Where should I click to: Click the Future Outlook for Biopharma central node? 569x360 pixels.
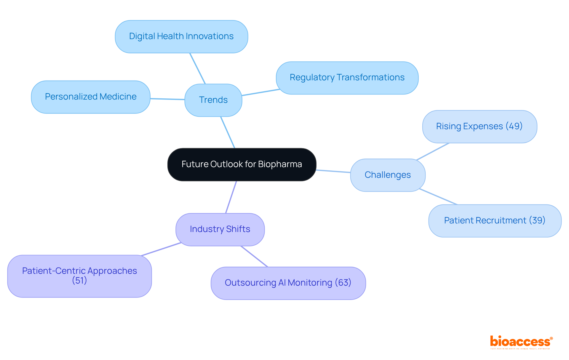[x=242, y=164]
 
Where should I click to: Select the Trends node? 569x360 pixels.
[x=213, y=100]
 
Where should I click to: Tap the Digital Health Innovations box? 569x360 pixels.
[x=181, y=36]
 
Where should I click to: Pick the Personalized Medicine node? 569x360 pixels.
[x=91, y=97]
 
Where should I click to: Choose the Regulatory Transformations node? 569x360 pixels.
[x=347, y=78]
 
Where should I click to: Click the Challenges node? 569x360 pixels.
[x=388, y=175]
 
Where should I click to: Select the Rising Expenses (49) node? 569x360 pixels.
[x=480, y=127]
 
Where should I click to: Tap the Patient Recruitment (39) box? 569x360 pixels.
[x=495, y=221]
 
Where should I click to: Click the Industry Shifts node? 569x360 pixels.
[x=220, y=229]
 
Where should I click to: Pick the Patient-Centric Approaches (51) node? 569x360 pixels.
[x=79, y=276]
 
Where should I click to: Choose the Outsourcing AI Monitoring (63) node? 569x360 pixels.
[x=288, y=283]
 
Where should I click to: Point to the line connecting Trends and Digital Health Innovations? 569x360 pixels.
[x=198, y=69]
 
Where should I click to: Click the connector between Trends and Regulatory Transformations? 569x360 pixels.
[x=261, y=92]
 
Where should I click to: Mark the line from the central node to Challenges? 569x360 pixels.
[x=333, y=171]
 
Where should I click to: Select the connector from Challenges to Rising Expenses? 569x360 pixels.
[x=433, y=152]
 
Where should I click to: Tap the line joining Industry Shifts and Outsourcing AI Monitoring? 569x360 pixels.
[x=254, y=257]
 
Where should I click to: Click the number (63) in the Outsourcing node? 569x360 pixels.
[x=343, y=283]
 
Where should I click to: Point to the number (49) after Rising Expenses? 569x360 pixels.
[x=514, y=126]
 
